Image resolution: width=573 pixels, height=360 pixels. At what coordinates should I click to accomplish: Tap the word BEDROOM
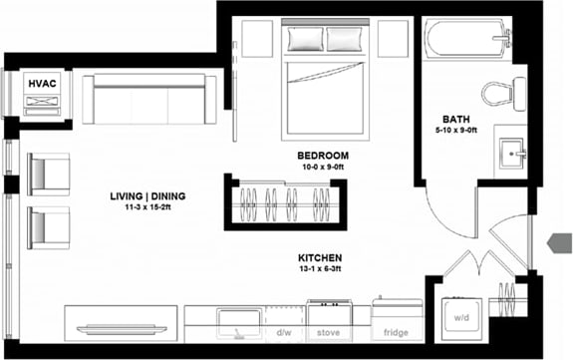point(322,156)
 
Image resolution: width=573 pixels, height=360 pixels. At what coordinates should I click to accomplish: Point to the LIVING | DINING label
point(147,195)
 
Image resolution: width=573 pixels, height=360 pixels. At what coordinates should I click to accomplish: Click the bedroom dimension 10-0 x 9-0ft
point(322,169)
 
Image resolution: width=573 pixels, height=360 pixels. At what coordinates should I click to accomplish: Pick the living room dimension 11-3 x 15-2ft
point(147,208)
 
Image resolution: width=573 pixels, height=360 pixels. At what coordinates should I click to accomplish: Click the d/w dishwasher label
point(284,333)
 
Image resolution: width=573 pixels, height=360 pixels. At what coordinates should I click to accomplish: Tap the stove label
point(330,333)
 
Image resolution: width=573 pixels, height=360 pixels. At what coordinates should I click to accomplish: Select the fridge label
point(384,333)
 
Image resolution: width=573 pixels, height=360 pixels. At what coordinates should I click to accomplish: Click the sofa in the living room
point(150,100)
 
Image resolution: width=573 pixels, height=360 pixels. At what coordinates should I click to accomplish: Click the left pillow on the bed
point(303,40)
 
